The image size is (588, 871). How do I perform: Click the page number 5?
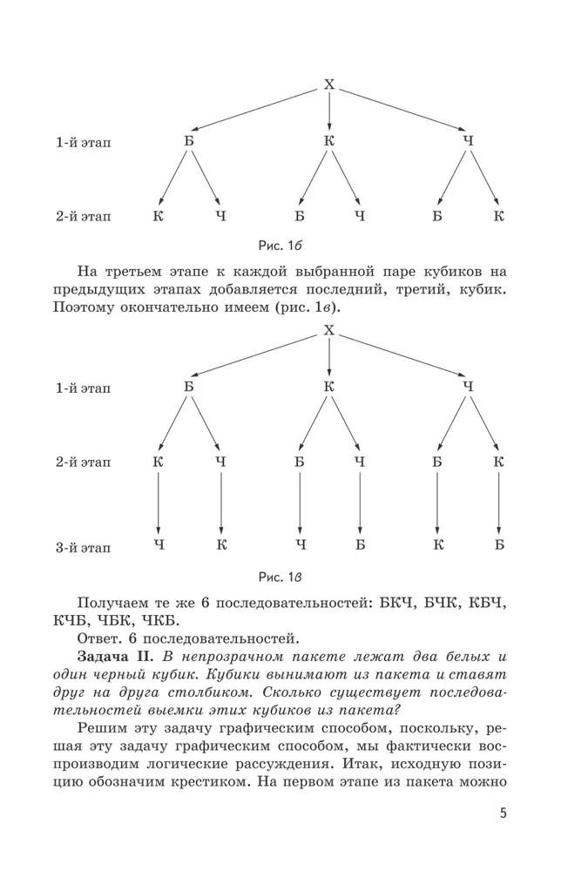coord(504,814)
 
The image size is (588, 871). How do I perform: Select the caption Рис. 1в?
coord(280,577)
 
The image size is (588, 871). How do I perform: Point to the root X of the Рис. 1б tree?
coord(329,84)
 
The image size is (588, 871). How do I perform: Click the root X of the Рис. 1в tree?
coord(329,330)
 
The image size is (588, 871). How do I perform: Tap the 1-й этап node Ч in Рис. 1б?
coord(468,139)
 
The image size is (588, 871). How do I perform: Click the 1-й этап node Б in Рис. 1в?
coord(189,386)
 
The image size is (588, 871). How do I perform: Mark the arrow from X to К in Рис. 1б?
coord(329,111)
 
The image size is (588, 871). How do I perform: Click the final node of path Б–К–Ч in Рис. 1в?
coord(159,545)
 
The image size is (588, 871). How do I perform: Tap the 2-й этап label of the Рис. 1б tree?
coord(83,215)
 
